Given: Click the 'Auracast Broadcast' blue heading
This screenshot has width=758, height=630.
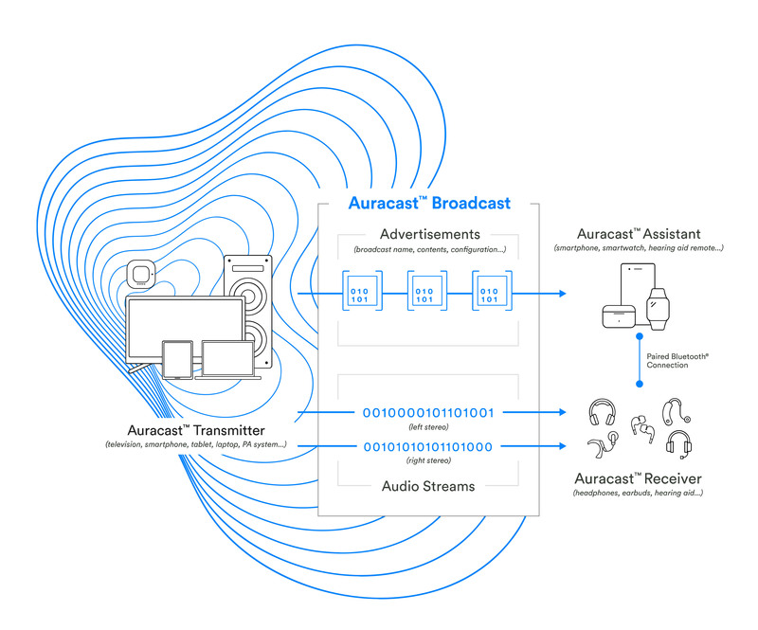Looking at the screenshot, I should click(x=428, y=203).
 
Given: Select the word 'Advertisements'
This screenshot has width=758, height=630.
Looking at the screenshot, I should click(x=429, y=234).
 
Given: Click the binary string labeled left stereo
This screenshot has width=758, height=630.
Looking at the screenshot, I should click(x=428, y=413).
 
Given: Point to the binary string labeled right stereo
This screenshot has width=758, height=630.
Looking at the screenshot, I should click(x=428, y=446).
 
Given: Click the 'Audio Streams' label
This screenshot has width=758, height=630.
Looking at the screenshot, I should click(x=428, y=486).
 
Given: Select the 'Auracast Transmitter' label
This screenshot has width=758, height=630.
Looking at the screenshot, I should click(x=197, y=431).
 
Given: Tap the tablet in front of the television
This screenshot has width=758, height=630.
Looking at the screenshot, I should click(x=177, y=359).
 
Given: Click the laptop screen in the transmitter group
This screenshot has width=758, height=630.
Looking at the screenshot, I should click(x=227, y=358).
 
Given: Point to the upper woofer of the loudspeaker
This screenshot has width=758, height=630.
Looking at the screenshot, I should click(x=248, y=290).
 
